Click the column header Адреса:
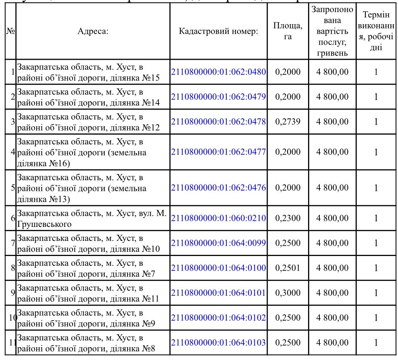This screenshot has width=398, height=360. pyautogui.click(x=93, y=32)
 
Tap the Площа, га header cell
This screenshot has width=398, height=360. pyautogui.click(x=288, y=32)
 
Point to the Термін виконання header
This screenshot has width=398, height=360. pyautogui.click(x=376, y=32)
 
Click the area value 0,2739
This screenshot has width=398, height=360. pyautogui.click(x=288, y=121)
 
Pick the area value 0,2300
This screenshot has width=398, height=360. pyautogui.click(x=288, y=218)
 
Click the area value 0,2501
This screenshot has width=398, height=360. pyautogui.click(x=288, y=268)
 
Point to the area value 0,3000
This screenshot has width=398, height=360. pyautogui.click(x=288, y=293)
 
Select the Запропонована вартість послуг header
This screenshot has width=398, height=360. pyautogui.click(x=330, y=32)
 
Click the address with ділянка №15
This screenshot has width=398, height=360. pyautogui.click(x=89, y=72)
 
